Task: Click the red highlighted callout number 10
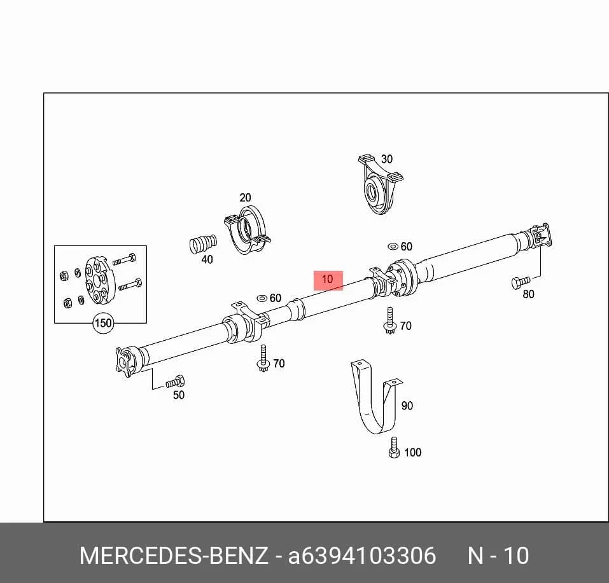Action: [328, 279]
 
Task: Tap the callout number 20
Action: [245, 198]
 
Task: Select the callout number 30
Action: [387, 159]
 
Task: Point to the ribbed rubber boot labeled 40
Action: [203, 244]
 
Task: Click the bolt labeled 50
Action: [176, 382]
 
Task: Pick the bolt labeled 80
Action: [521, 282]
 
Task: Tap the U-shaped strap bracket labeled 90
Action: [376, 397]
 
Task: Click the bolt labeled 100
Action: [394, 448]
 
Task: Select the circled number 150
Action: [103, 323]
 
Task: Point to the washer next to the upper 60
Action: [393, 246]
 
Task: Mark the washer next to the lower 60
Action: [262, 298]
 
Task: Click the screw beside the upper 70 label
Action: [389, 320]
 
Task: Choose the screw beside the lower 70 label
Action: [263, 359]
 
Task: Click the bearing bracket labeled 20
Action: [248, 230]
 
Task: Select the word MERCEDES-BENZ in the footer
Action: [174, 556]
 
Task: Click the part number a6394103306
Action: [362, 556]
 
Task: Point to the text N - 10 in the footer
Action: [498, 556]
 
